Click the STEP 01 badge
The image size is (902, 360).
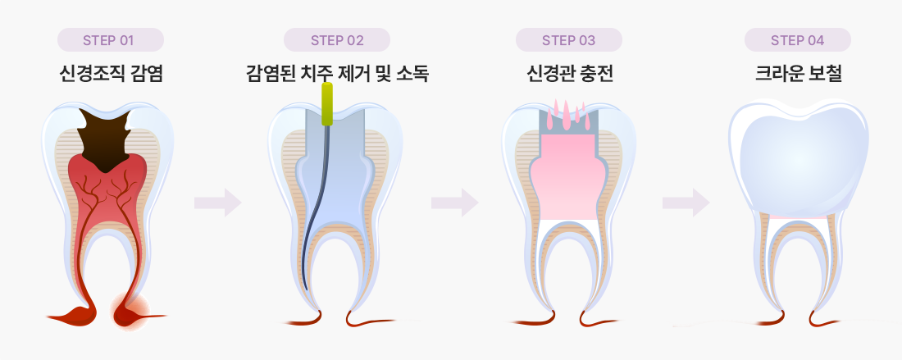111,40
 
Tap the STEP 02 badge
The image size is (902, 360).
337,40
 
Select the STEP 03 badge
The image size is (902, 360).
569,40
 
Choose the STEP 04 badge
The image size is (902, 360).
798,40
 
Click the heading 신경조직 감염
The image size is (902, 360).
111,75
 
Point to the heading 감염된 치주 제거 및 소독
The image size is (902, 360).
337,75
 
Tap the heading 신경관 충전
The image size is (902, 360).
569,75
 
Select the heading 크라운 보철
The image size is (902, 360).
798,75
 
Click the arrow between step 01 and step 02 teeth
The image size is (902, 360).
217,202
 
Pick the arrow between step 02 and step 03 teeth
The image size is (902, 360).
454,202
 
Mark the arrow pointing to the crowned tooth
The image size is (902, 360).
686,202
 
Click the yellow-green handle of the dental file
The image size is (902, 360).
327,103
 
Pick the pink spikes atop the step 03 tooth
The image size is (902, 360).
568,111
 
